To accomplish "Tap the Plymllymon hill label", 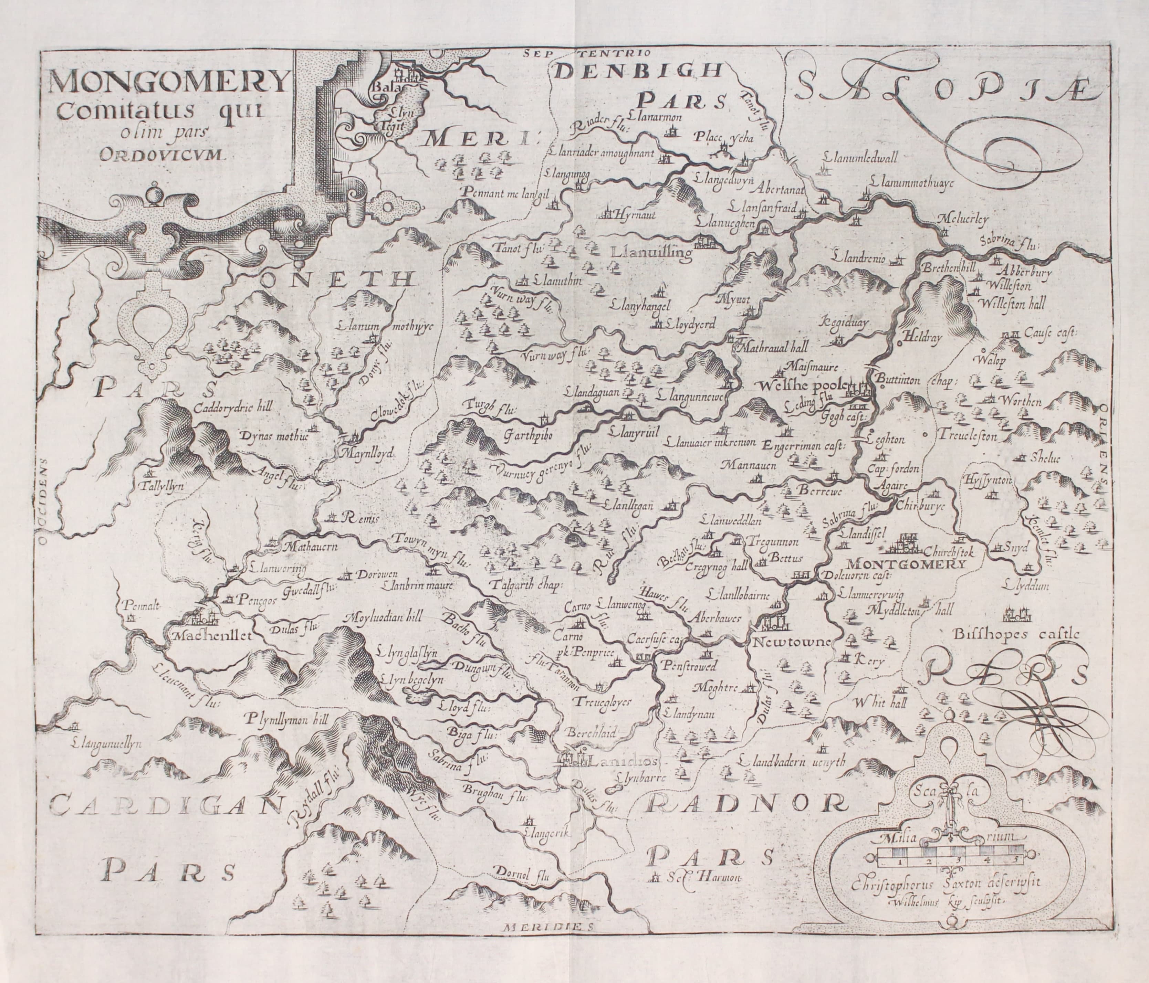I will click(287, 720).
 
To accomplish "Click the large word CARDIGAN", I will click(164, 806).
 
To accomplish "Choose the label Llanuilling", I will click(651, 254).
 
